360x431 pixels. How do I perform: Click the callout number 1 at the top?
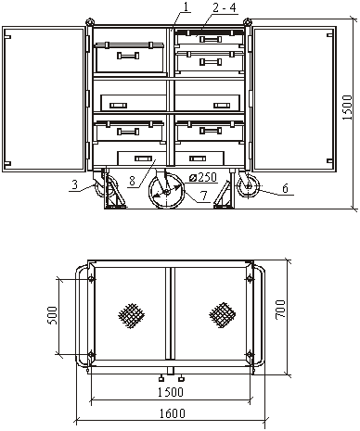pyautogui.click(x=186, y=6)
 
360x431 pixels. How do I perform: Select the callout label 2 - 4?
pyautogui.click(x=225, y=7)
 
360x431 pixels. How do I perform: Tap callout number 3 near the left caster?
pyautogui.click(x=74, y=184)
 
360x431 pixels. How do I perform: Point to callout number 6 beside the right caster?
pyautogui.click(x=286, y=188)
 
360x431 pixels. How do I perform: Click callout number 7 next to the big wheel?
pyautogui.click(x=203, y=196)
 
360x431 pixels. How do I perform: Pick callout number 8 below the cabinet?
pyautogui.click(x=132, y=181)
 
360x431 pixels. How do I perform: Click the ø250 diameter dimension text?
pyautogui.click(x=202, y=177)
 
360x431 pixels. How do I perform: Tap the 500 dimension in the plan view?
pyautogui.click(x=52, y=315)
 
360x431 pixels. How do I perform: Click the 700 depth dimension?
pyautogui.click(x=280, y=310)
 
